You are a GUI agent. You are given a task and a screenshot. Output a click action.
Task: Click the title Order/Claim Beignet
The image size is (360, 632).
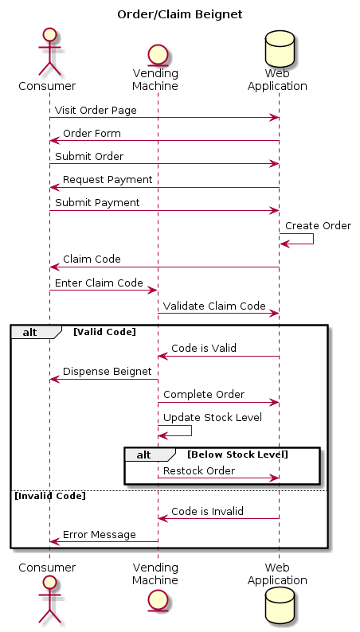click(x=180, y=15)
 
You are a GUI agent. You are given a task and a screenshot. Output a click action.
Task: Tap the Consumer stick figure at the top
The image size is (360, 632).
click(x=49, y=52)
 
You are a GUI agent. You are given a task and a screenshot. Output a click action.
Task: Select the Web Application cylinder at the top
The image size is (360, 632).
click(x=280, y=49)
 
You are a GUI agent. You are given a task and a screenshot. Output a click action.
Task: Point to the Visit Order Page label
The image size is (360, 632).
click(x=96, y=110)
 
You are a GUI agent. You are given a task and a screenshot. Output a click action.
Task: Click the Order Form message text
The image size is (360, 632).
click(x=92, y=133)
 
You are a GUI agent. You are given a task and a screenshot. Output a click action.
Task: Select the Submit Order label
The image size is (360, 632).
click(x=89, y=156)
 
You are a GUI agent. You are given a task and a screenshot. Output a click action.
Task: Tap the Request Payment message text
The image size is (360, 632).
click(x=108, y=180)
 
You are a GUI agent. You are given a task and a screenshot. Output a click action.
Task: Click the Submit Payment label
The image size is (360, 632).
click(x=97, y=203)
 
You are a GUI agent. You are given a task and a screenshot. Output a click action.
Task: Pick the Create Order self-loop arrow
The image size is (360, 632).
click(x=313, y=239)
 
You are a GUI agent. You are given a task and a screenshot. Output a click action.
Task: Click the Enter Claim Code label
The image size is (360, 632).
click(x=99, y=283)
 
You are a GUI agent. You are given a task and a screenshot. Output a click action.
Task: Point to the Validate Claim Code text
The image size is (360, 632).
click(x=214, y=306)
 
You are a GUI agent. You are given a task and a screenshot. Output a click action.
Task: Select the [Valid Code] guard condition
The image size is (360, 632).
click(x=105, y=332)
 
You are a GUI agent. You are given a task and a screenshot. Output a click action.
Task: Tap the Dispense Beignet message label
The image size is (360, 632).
click(x=108, y=372)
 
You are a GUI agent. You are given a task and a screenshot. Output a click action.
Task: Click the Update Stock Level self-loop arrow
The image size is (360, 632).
click(x=191, y=431)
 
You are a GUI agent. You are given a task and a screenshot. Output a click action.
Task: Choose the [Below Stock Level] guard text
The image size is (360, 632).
click(x=238, y=454)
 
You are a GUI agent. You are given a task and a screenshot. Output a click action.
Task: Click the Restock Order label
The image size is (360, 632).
click(x=199, y=470)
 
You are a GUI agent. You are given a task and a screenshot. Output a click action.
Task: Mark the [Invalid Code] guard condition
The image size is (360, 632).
click(x=50, y=496)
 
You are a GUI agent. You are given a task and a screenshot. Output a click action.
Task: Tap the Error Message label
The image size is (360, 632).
click(x=100, y=535)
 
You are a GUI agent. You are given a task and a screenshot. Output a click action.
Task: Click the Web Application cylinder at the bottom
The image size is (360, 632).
click(x=280, y=605)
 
